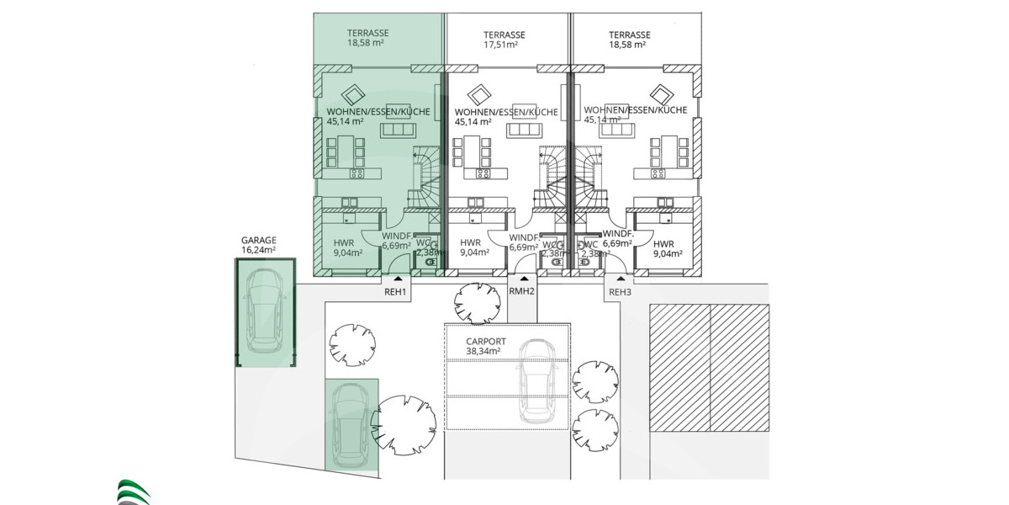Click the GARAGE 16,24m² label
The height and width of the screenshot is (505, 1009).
[x=258, y=244]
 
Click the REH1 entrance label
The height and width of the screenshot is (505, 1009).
[x=395, y=292]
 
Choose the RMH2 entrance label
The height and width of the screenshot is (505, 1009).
[x=522, y=292]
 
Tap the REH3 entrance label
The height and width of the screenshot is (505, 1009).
[x=620, y=292]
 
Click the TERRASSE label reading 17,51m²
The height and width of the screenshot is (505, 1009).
[x=504, y=40]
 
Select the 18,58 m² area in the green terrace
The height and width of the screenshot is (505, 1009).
[x=365, y=45]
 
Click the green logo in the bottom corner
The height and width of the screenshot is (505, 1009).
[x=133, y=492]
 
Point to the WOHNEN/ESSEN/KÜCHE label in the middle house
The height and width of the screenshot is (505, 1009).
[x=506, y=112]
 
